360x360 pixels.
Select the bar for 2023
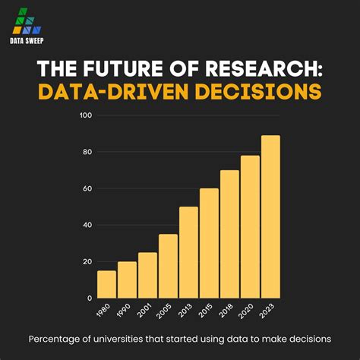pyautogui.click(x=271, y=216)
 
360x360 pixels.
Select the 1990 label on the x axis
pyautogui.click(x=125, y=311)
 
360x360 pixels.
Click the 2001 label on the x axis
pyautogui.click(x=145, y=311)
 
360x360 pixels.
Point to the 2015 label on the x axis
pyautogui.click(x=207, y=311)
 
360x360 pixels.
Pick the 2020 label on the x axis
pyautogui.click(x=248, y=311)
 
